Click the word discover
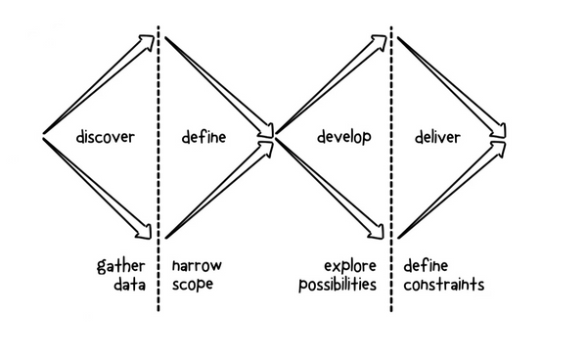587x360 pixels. (105, 137)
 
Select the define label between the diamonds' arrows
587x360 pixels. (203, 137)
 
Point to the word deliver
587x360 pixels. (434, 137)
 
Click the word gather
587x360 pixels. (121, 266)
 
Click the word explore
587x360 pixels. (350, 266)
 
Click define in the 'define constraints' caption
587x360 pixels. (427, 265)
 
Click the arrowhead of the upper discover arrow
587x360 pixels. (149, 42)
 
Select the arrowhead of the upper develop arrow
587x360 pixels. (383, 42)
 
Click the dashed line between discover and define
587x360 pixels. (158, 176)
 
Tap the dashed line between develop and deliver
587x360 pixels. (392, 176)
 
